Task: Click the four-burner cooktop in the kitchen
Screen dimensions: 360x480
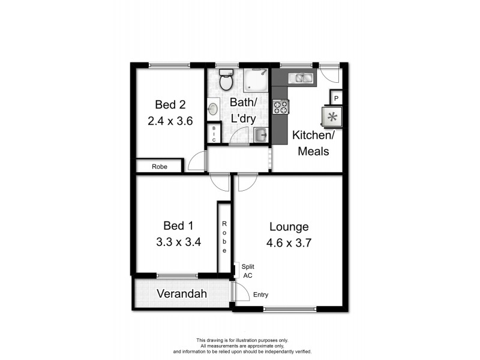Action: (281, 107)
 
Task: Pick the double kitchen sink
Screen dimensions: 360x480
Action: (300, 77)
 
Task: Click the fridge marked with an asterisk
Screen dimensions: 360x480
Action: (334, 116)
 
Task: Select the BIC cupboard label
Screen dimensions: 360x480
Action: (212, 133)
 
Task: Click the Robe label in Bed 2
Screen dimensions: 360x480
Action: (158, 166)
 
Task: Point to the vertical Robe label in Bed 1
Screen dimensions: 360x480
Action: (224, 237)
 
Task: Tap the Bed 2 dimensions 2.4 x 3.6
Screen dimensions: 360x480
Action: (170, 121)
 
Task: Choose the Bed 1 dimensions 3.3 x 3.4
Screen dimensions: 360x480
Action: (178, 243)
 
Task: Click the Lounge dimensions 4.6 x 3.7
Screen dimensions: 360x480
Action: (289, 244)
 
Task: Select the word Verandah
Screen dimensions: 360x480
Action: (182, 294)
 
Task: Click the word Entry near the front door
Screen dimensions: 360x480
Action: (261, 295)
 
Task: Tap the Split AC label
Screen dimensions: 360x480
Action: (247, 272)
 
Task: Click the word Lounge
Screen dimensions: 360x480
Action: (289, 227)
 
